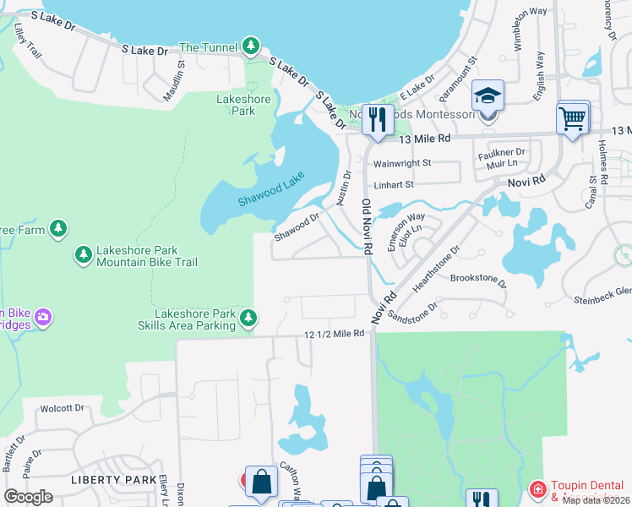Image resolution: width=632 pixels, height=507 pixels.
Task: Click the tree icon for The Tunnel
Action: (250, 46)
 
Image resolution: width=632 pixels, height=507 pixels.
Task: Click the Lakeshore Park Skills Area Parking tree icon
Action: (248, 318)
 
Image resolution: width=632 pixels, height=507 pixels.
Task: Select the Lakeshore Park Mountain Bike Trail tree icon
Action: (83, 254)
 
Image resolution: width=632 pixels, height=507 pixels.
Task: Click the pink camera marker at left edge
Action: (43, 318)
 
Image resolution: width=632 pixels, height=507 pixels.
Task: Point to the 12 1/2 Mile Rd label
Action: (335, 335)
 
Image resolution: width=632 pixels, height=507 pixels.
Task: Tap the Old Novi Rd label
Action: (367, 227)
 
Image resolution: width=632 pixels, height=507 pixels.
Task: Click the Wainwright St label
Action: (402, 163)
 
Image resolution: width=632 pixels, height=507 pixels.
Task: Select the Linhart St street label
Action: (394, 184)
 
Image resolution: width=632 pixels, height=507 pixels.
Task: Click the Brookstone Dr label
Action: (477, 278)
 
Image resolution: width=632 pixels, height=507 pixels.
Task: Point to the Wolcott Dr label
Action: (63, 408)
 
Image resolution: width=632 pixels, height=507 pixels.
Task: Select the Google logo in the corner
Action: (29, 496)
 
